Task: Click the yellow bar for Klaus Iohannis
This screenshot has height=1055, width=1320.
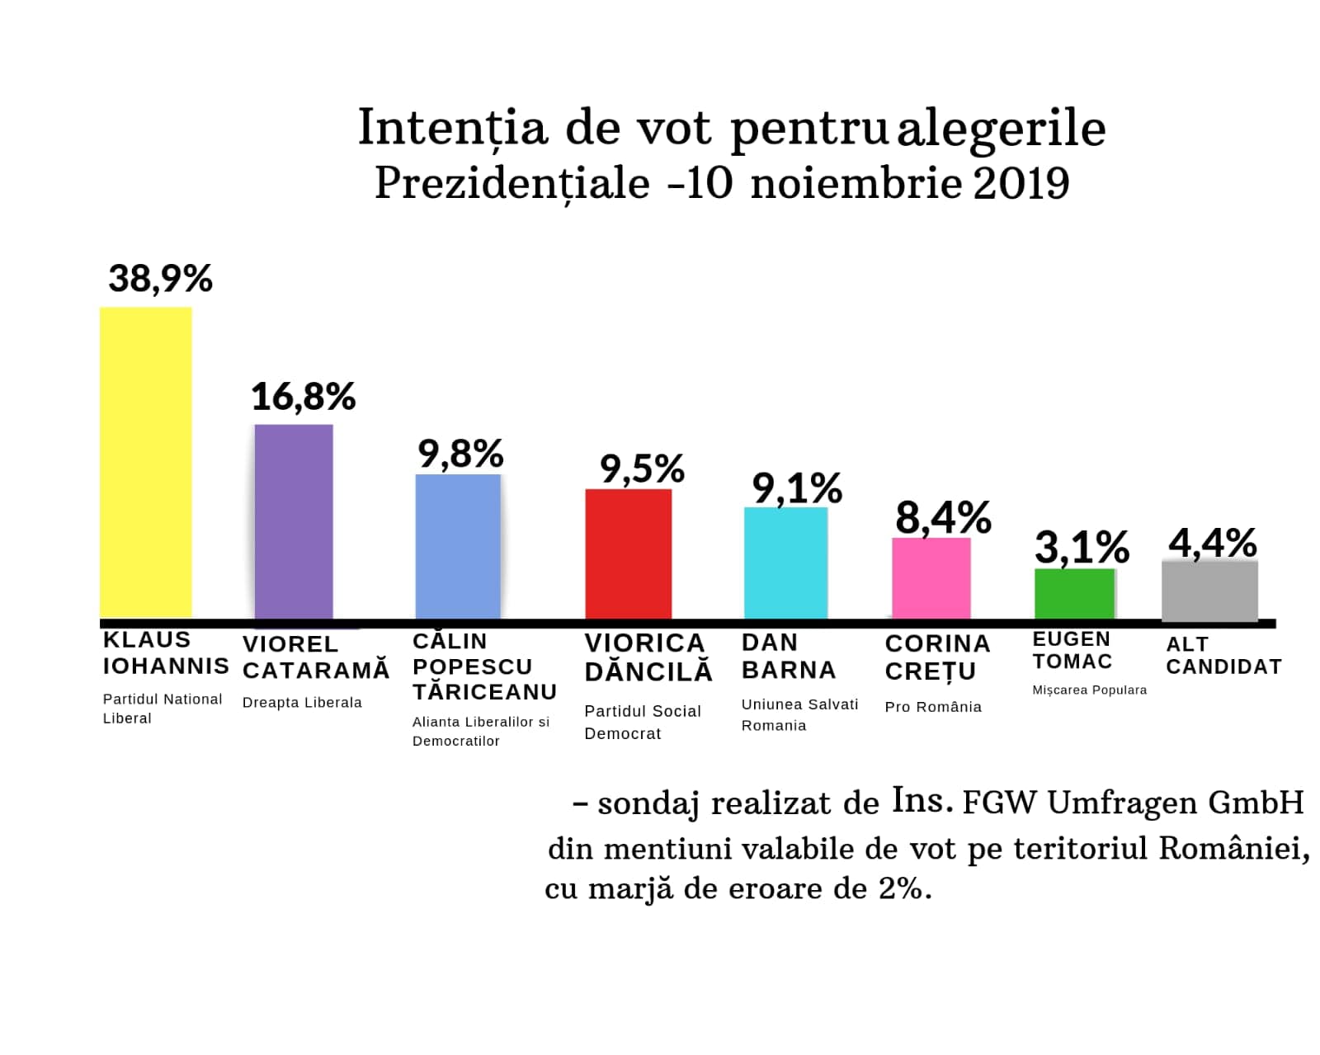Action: tap(146, 462)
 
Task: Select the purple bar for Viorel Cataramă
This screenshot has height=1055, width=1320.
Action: tap(294, 521)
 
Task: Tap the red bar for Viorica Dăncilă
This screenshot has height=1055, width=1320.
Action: tap(628, 553)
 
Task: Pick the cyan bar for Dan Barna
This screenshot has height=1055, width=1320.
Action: tap(785, 563)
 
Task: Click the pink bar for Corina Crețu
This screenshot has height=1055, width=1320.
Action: tap(931, 577)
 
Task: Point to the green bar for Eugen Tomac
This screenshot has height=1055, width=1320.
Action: tap(1075, 593)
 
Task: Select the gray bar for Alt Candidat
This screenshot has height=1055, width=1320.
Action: tap(1209, 590)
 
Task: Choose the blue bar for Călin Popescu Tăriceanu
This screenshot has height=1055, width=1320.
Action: tap(458, 546)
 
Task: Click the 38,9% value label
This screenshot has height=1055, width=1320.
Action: tap(161, 279)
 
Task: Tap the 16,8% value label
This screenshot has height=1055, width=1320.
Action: tap(303, 398)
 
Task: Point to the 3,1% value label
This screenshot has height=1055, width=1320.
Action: tap(1082, 548)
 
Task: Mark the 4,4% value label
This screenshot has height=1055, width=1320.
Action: tap(1212, 544)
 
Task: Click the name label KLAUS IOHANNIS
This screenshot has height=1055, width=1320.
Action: tap(165, 652)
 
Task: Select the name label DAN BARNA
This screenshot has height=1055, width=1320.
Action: tap(788, 657)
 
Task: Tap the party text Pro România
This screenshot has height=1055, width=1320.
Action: tap(933, 707)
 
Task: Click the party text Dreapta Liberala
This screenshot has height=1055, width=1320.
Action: tap(302, 703)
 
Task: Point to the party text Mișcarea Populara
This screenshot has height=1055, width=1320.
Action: tap(1089, 690)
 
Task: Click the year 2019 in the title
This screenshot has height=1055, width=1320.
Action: tap(1021, 183)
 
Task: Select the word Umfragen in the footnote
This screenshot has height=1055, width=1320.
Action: tap(1123, 803)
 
